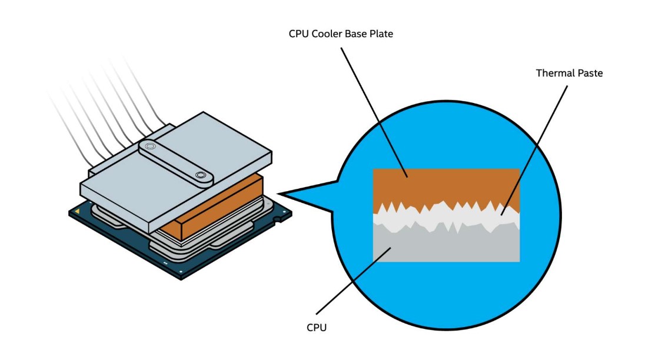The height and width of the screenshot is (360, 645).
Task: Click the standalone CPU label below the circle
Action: (x=317, y=327)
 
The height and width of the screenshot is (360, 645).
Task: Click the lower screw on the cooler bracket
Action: (x=202, y=175)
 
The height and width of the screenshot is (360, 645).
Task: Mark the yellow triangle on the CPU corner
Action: (x=77, y=211)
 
